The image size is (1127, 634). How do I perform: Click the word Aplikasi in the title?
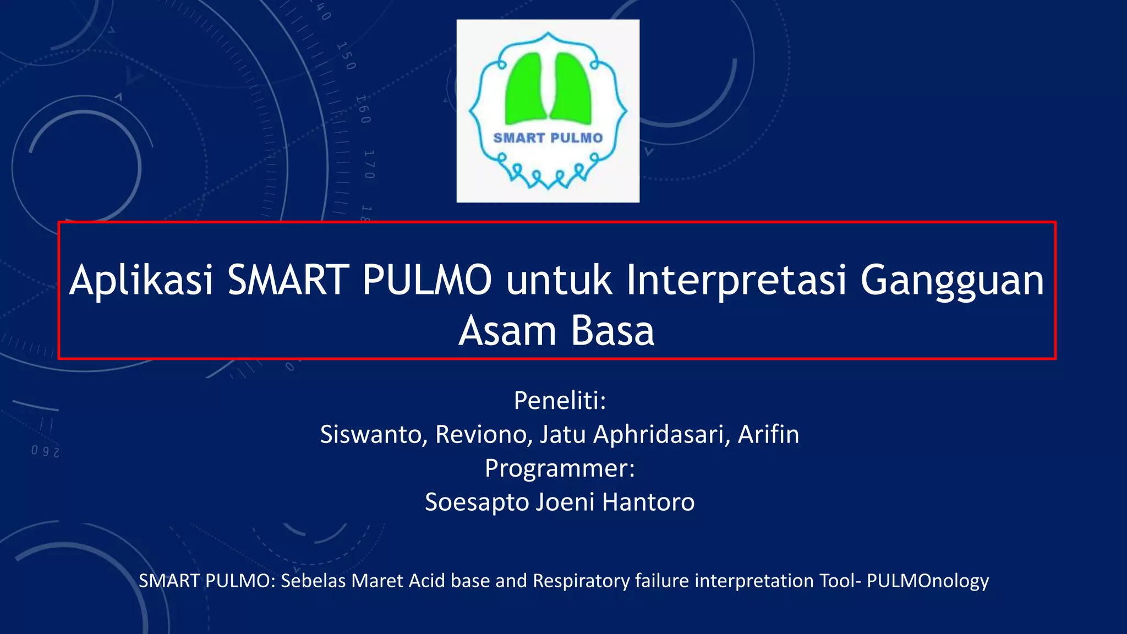point(141,281)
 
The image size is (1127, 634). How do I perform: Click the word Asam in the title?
point(507,331)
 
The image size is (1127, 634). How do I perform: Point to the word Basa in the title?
point(612,331)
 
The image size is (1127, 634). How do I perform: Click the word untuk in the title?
point(559,281)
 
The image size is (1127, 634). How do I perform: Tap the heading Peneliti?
point(560,401)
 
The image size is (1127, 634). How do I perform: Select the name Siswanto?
point(370,435)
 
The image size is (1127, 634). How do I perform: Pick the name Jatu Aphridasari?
point(634,435)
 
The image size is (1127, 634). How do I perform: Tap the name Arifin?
point(768,435)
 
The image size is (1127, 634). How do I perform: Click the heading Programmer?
point(560,469)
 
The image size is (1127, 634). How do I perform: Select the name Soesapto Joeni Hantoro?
point(560,502)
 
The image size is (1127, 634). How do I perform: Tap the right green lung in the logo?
point(571,88)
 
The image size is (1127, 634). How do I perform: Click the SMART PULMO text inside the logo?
point(548,138)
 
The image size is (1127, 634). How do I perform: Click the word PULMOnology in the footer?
point(928,581)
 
